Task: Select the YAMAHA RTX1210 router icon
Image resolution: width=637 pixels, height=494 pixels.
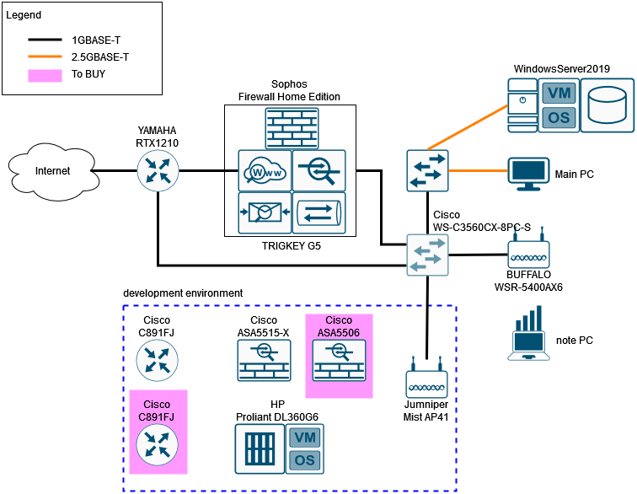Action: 158,171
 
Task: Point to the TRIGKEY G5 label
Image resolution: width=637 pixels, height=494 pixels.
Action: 292,246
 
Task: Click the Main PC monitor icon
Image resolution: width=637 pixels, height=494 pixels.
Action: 529,174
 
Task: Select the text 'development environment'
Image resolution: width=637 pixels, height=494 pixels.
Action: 183,293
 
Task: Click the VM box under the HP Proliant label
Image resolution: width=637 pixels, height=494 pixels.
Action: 304,437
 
